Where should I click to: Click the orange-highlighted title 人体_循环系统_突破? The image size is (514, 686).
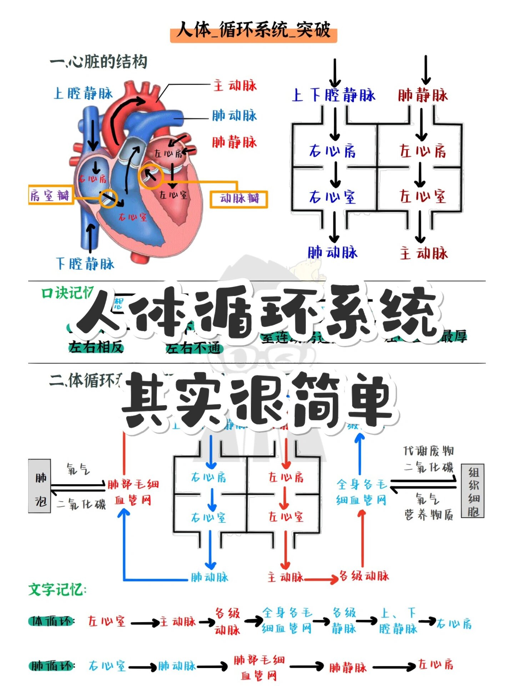click(x=253, y=30)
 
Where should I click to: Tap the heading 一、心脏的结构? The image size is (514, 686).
click(x=99, y=62)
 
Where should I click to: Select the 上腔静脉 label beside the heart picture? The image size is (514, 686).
click(x=83, y=94)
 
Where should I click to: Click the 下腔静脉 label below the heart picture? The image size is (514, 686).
click(x=85, y=264)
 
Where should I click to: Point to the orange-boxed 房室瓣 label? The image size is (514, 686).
click(x=50, y=195)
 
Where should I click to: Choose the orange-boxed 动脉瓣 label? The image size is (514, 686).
click(x=239, y=199)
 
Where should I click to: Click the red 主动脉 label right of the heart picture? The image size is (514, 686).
click(x=235, y=86)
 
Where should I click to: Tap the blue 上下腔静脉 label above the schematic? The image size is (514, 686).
click(x=333, y=95)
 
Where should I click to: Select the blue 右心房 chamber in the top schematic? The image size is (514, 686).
click(x=332, y=151)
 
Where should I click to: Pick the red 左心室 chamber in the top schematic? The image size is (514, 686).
click(x=423, y=196)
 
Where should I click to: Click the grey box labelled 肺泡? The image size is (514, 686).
click(x=40, y=486)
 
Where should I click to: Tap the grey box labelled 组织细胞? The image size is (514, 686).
click(x=473, y=491)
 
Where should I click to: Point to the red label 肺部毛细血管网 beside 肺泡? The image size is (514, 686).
click(x=133, y=492)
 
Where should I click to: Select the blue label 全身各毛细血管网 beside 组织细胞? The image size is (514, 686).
click(x=361, y=492)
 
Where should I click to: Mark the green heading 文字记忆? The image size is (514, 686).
click(x=57, y=590)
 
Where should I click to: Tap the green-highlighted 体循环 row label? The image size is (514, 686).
click(x=51, y=622)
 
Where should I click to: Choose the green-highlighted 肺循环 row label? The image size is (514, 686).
click(x=51, y=666)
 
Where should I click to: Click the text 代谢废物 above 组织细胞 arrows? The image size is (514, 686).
click(x=428, y=451)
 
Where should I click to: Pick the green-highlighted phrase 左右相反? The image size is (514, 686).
click(x=96, y=347)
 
